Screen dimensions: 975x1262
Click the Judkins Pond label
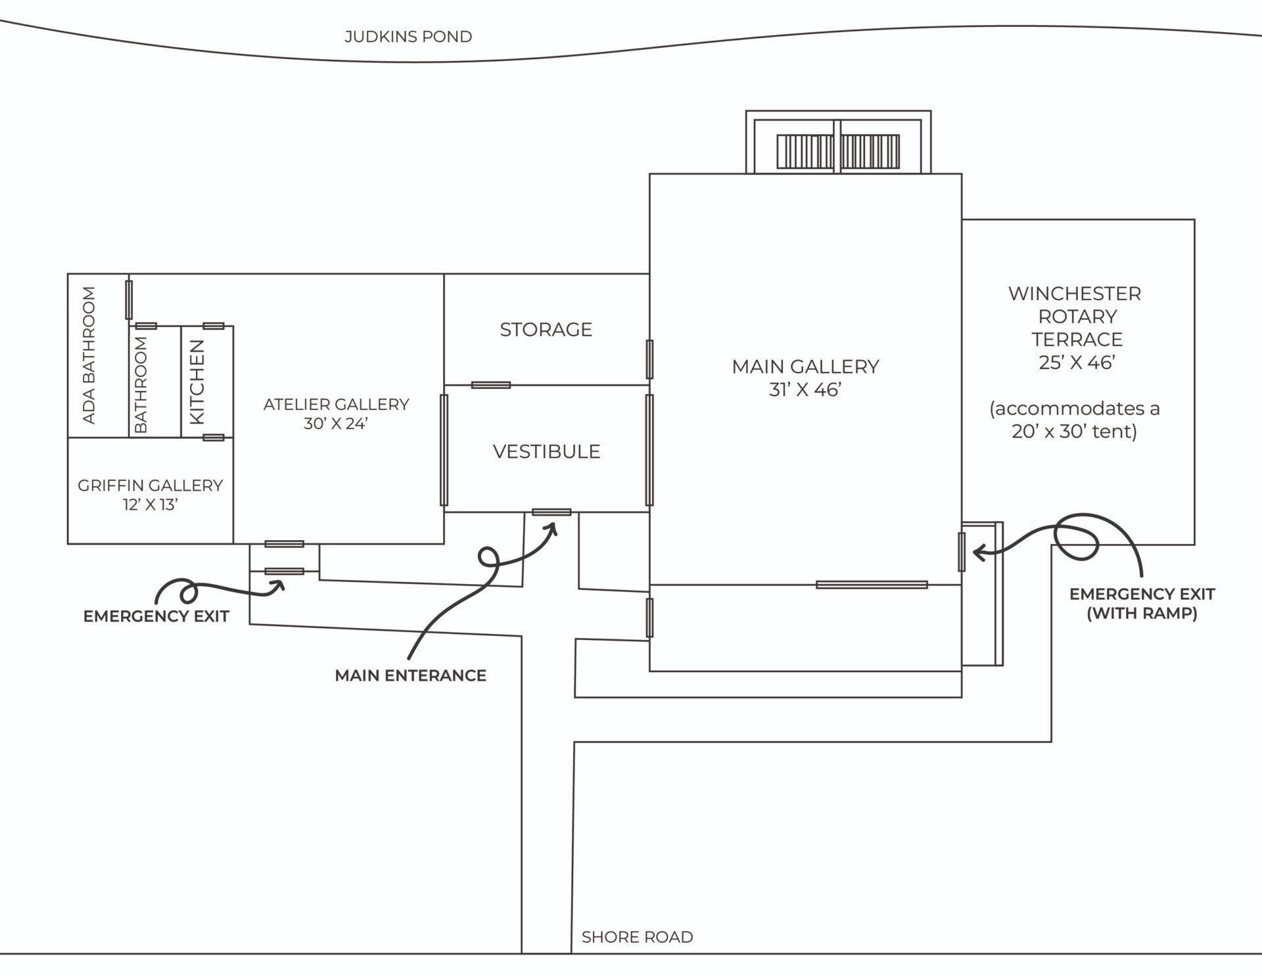pos(408,37)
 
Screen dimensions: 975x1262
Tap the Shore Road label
pos(637,937)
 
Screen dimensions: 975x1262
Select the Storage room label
pos(546,329)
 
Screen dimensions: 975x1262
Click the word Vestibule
pos(546,451)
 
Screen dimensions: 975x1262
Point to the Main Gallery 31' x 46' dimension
pos(805,390)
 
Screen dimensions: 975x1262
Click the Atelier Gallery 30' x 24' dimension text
pos(336,424)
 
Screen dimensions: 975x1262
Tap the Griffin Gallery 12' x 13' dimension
pos(151,505)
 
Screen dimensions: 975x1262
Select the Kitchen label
pos(197,382)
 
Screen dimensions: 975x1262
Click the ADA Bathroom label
pos(89,355)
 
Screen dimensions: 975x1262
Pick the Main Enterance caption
pos(410,675)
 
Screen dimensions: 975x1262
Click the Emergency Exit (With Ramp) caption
pos(1142,603)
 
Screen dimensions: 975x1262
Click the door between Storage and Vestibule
pos(491,385)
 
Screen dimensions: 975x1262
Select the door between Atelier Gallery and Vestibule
pos(444,450)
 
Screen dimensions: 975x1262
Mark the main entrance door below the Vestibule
pos(551,512)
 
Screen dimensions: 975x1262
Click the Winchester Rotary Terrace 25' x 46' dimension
pos(1076,362)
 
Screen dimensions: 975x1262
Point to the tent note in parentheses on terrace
pos(1074,420)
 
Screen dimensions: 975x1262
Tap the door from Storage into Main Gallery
pos(649,359)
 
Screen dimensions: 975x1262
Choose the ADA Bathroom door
pos(129,300)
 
